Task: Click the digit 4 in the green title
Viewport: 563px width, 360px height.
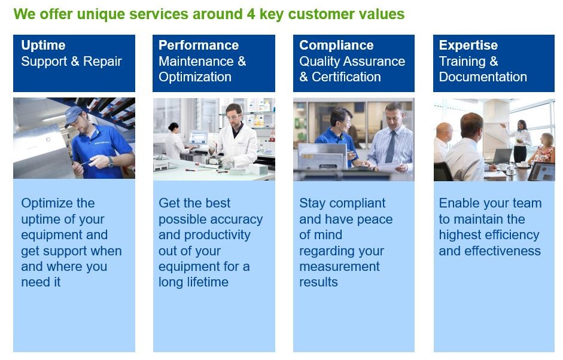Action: pos(251,14)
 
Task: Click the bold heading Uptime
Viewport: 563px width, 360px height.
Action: pos(43,45)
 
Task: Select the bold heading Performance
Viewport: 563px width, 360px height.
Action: pos(199,45)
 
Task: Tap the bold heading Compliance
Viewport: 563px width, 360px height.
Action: pos(336,45)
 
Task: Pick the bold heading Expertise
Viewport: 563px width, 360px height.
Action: pos(468,45)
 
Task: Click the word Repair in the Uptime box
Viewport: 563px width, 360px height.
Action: pos(102,62)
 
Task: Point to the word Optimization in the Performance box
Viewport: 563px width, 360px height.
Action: pos(195,77)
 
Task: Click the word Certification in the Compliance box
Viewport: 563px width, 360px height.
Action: pos(346,77)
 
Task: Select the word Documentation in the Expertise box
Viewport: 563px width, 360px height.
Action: pos(483,77)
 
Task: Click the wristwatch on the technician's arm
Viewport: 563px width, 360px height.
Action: pos(111,162)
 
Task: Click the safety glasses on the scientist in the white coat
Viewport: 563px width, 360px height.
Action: pos(233,117)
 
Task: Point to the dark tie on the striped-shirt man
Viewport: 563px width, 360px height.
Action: pos(391,148)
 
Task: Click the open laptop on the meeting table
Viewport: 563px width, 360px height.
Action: pos(503,157)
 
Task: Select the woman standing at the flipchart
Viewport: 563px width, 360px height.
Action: pos(521,141)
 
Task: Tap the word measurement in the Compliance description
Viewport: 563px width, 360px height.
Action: pos(339,266)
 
